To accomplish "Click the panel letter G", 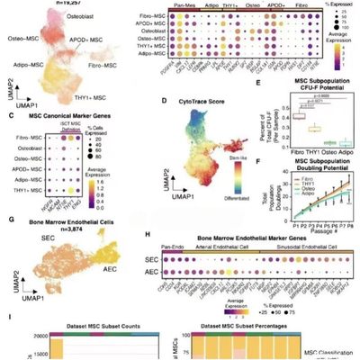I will (x=8, y=220).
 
